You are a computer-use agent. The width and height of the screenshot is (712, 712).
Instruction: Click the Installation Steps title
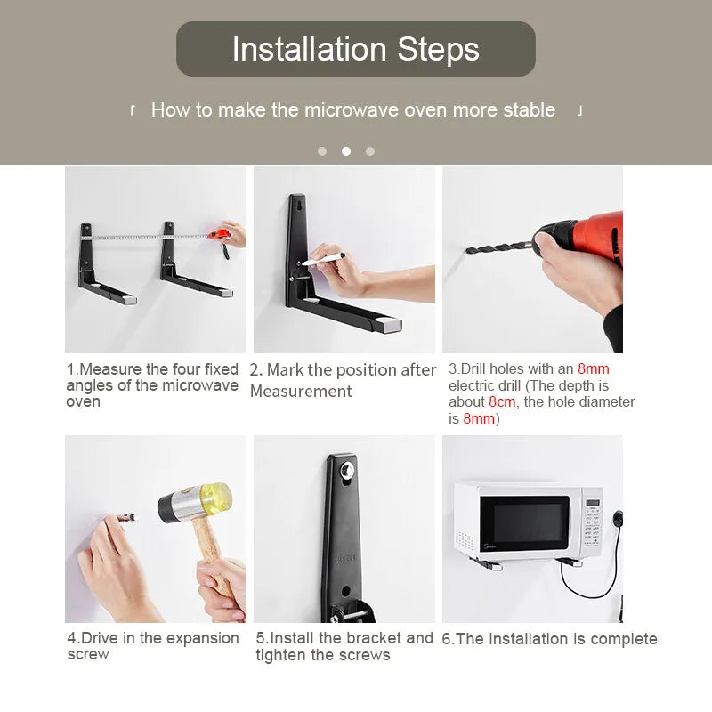[356, 50]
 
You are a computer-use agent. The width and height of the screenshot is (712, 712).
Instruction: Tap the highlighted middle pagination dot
[346, 151]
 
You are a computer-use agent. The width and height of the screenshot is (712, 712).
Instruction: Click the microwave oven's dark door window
[525, 522]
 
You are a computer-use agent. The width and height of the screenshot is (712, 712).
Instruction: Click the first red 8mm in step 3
[593, 368]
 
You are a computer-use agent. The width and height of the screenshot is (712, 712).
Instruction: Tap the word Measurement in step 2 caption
[301, 392]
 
